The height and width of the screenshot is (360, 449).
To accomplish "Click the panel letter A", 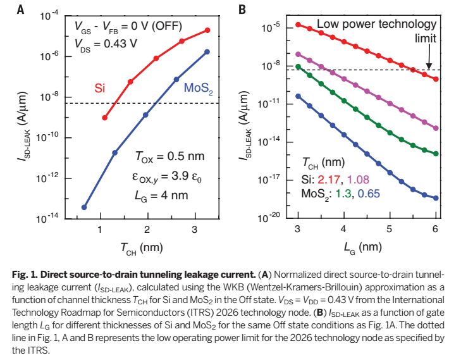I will click(21, 9).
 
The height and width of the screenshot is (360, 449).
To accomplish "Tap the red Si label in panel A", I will click(100, 87).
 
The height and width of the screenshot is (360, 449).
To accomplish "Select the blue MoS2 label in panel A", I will click(197, 89).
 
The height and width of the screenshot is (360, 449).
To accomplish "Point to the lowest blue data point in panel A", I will click(84, 207).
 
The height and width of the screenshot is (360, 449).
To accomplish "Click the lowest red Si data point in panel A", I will click(104, 118).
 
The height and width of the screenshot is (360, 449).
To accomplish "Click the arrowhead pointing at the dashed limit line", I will click(429, 66).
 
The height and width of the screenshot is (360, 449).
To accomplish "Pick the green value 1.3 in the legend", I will click(345, 194).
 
